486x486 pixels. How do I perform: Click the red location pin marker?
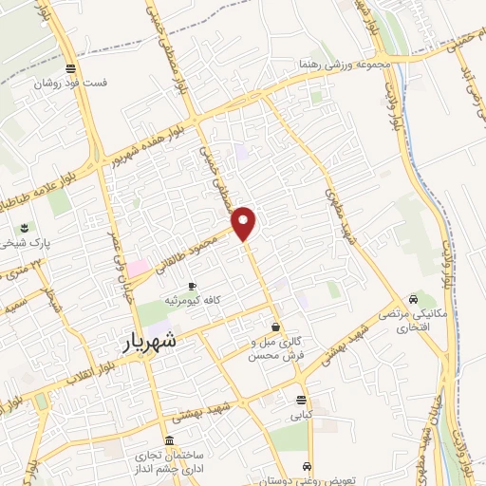(x=245, y=223)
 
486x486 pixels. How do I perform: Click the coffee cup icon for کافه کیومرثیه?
(x=192, y=286)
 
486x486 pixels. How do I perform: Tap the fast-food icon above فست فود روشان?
(x=70, y=67)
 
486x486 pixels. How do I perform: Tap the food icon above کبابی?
(x=301, y=400)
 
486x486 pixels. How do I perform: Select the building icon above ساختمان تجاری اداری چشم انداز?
(x=169, y=440)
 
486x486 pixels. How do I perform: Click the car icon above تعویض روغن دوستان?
(x=307, y=466)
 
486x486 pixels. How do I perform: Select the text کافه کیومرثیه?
(x=194, y=300)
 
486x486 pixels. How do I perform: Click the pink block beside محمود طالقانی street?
(x=139, y=268)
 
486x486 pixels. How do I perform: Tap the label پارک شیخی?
(x=25, y=244)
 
